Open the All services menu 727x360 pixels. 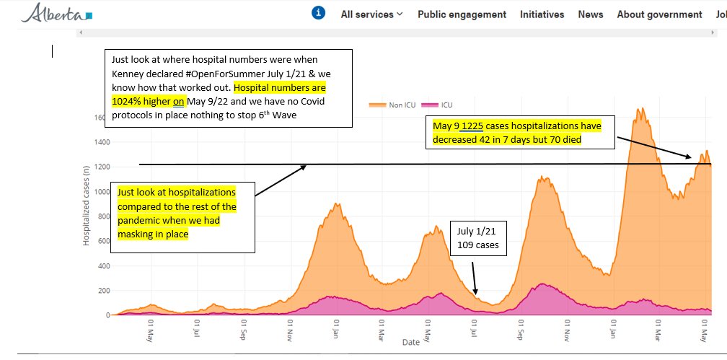pos(371,14)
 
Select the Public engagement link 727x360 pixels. pos(462,14)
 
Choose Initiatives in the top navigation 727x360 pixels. pos(542,14)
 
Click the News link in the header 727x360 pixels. pos(590,14)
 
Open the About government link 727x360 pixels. pos(659,14)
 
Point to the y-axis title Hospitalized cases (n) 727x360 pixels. pos(86,205)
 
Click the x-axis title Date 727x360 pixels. pos(411,341)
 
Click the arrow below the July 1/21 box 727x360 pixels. pos(475,277)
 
